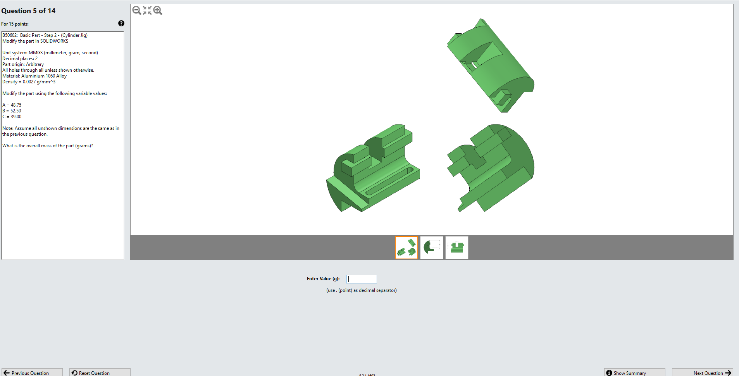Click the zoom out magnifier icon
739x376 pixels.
[136, 10]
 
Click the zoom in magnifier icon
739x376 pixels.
[158, 10]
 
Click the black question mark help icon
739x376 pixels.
[121, 24]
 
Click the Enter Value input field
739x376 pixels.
[361, 279]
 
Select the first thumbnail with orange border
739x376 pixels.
[407, 248]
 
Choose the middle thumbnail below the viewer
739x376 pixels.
[432, 248]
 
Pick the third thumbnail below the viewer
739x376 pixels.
[457, 248]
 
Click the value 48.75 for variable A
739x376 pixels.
[16, 105]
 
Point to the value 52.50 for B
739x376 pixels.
[16, 111]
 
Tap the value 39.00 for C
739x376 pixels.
[16, 117]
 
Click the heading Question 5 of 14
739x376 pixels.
[28, 11]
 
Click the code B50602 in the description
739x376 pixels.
[10, 35]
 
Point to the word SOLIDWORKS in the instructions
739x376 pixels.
[54, 41]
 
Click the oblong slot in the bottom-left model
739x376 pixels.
[389, 181]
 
